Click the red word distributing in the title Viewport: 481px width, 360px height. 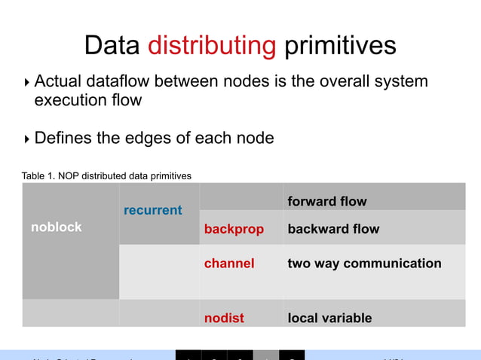(x=212, y=45)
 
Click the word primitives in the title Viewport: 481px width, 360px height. (x=339, y=45)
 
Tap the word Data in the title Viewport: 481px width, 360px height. (x=112, y=45)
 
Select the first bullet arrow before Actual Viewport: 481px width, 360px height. (x=27, y=82)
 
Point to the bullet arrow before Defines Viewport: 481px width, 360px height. (x=27, y=139)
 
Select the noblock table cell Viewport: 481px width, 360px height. (x=57, y=227)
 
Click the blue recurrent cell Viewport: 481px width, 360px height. (x=153, y=209)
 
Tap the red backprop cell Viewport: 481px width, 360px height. (x=234, y=229)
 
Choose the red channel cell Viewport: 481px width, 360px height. (x=229, y=264)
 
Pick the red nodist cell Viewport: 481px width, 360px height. (x=225, y=318)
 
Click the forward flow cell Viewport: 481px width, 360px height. (x=327, y=201)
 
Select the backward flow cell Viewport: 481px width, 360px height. (x=333, y=229)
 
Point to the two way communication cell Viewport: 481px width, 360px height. (x=364, y=264)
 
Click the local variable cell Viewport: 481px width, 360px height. (x=329, y=318)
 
